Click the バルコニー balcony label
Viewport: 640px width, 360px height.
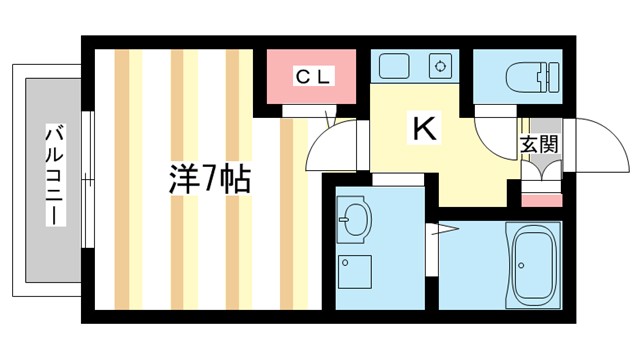click(55, 175)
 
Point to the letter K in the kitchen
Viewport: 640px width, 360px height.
click(424, 129)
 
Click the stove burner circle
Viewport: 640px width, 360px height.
click(439, 67)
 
